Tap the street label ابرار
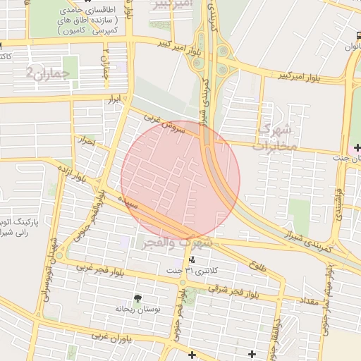[115, 102]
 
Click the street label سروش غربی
[164, 124]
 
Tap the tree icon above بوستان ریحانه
[137, 298]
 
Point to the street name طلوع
[257, 267]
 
